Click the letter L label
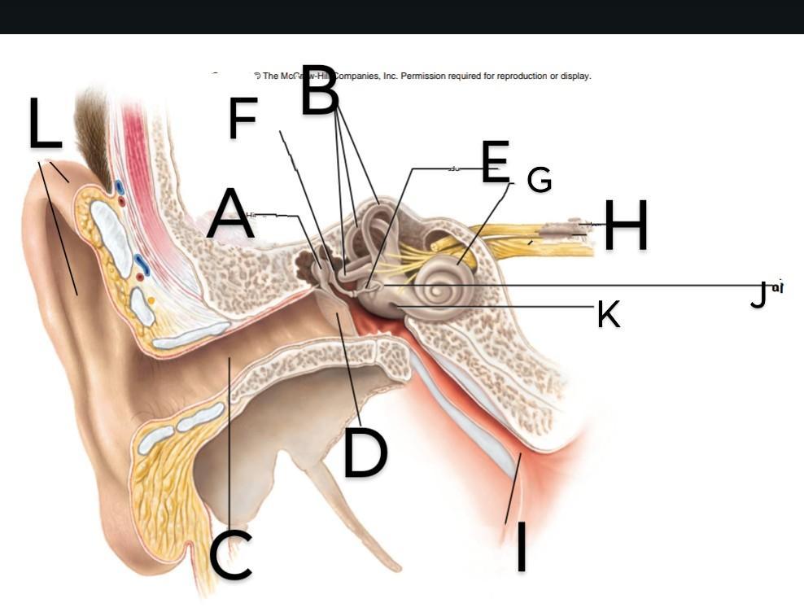(x=46, y=123)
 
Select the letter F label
(x=243, y=118)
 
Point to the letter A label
(x=229, y=213)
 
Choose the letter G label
(x=539, y=180)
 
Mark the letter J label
(x=758, y=295)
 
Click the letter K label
(x=608, y=313)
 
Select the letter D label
(x=365, y=452)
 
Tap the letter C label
(x=230, y=556)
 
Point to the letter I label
(x=521, y=547)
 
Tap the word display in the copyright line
(x=575, y=76)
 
